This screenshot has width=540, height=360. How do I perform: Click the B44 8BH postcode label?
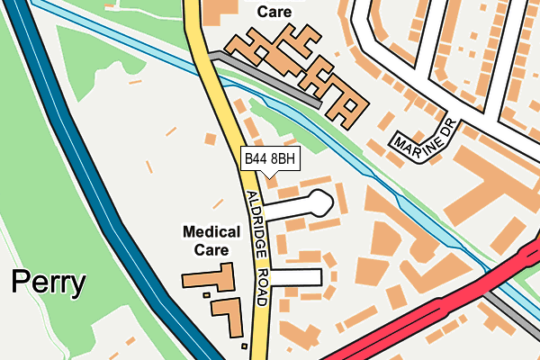click(x=270, y=159)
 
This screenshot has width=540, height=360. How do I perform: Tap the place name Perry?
click(x=49, y=284)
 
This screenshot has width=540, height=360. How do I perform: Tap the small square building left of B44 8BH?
click(x=210, y=139)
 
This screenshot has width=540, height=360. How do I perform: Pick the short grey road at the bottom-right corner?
click(x=517, y=306)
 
